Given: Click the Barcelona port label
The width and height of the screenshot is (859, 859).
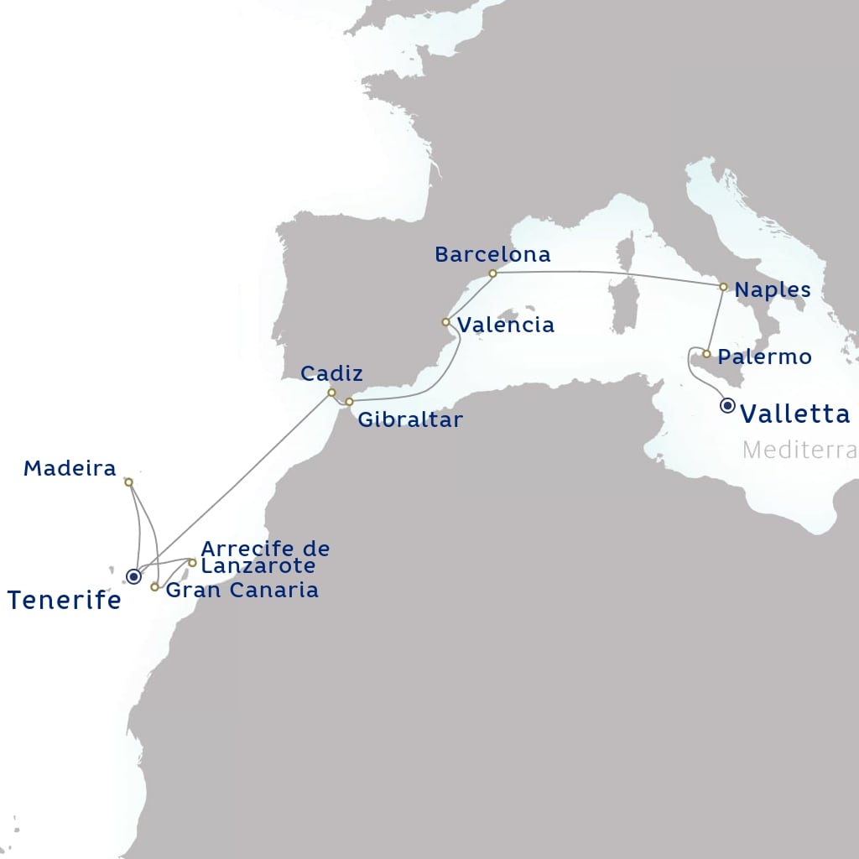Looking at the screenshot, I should click(492, 254).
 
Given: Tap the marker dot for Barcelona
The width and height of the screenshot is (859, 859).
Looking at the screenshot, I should click(492, 273).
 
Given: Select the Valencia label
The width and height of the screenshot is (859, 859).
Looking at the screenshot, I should click(506, 325).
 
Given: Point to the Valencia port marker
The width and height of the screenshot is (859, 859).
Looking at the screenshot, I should click(446, 322).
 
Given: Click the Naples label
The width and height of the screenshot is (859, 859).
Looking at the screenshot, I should click(773, 290).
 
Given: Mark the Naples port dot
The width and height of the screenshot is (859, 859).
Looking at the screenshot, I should click(723, 287).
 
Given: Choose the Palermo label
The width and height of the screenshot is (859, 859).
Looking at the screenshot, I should click(765, 357).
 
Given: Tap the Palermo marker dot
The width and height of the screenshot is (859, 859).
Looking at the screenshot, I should click(708, 354).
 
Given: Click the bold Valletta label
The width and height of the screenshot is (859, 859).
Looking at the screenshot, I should click(796, 413).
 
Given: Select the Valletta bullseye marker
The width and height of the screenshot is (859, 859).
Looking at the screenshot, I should click(727, 407).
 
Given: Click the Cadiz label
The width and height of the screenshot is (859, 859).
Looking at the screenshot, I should click(331, 373).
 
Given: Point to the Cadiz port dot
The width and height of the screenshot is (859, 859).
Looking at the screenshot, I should click(332, 393).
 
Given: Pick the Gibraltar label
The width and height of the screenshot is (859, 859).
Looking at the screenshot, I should click(410, 419).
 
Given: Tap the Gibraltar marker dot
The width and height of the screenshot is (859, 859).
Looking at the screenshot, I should click(350, 403).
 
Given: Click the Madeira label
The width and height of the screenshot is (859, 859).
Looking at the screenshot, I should click(70, 468).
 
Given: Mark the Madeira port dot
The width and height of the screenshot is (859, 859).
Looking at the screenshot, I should click(128, 482).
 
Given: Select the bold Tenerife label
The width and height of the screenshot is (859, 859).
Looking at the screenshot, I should click(65, 600).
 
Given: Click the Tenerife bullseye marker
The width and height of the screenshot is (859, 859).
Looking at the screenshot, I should click(133, 576).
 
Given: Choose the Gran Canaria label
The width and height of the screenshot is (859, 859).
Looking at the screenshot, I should click(242, 591).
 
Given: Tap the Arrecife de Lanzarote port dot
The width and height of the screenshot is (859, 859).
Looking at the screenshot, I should click(192, 563).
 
